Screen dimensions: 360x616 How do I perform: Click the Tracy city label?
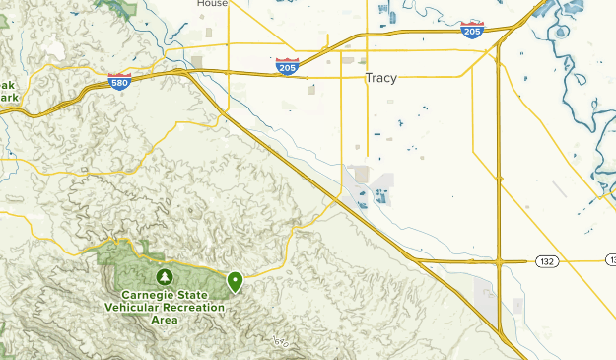pyautogui.click(x=380, y=78)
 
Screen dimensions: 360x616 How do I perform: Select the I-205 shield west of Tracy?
pyautogui.click(x=287, y=68)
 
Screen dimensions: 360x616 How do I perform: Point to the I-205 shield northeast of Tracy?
pyautogui.click(x=472, y=31)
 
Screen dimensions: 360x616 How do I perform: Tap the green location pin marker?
pyautogui.click(x=236, y=282)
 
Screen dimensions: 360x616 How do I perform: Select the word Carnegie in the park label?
pyautogui.click(x=152, y=295)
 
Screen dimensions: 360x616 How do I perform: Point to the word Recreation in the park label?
pyautogui.click(x=195, y=308)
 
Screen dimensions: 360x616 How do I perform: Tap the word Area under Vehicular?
pyautogui.click(x=165, y=321)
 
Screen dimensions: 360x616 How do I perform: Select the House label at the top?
pyautogui.click(x=212, y=3)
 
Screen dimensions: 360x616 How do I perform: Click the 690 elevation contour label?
pyautogui.click(x=282, y=341)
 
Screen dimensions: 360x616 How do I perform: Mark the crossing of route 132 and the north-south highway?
pyautogui.click(x=500, y=261)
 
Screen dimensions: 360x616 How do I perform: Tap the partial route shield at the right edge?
pyautogui.click(x=610, y=260)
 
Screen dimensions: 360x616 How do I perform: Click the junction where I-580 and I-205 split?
pyautogui.click(x=187, y=72)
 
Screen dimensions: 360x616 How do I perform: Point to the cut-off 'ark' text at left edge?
pyautogui.click(x=9, y=99)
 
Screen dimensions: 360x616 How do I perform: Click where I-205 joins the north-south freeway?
pyautogui.click(x=501, y=44)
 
